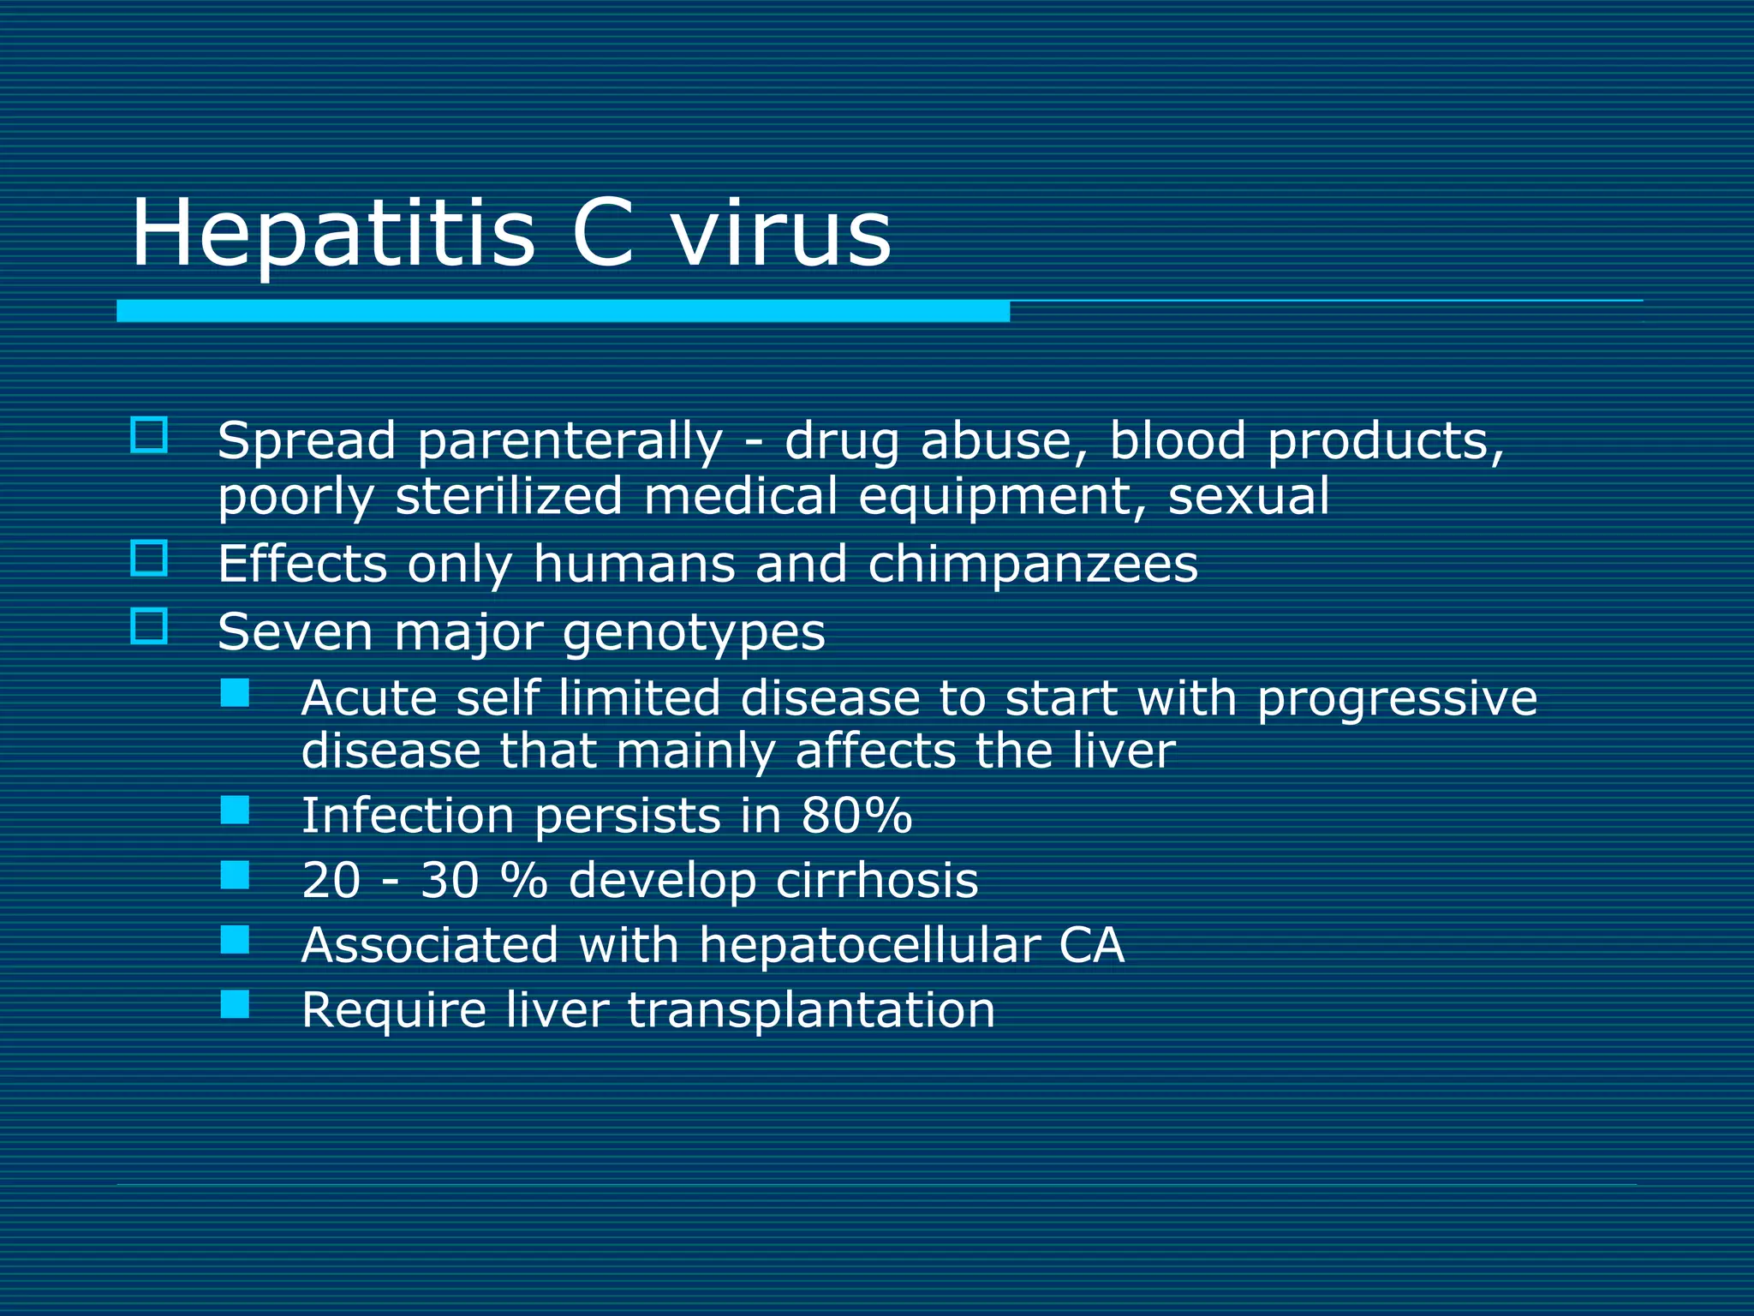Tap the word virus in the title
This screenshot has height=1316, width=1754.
point(781,233)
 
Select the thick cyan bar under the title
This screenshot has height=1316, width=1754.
point(563,311)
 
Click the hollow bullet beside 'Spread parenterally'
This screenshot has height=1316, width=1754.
point(149,435)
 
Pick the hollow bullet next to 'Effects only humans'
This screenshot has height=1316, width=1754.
point(149,559)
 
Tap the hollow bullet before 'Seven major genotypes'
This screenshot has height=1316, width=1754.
point(149,626)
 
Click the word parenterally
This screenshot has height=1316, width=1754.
point(570,443)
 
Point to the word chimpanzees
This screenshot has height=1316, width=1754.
point(1033,565)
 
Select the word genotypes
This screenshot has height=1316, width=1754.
point(694,634)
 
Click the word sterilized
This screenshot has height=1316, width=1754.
point(509,497)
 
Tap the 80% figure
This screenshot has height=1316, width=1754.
point(856,815)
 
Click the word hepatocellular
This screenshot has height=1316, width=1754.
point(869,945)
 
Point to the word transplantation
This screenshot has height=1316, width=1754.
point(811,1010)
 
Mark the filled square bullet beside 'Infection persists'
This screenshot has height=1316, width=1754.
point(235,810)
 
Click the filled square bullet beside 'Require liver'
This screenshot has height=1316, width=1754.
point(235,1004)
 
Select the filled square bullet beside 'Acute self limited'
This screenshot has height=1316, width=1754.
point(235,693)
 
